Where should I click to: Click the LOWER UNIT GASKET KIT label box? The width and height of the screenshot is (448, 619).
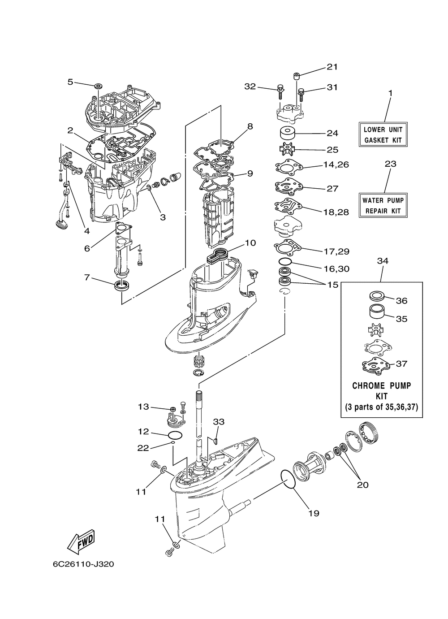pyautogui.click(x=383, y=134)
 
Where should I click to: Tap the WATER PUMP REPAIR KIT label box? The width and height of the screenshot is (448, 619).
pyautogui.click(x=383, y=205)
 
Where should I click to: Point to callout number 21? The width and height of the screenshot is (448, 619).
pyautogui.click(x=332, y=67)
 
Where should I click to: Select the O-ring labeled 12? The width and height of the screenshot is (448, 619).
pyautogui.click(x=175, y=435)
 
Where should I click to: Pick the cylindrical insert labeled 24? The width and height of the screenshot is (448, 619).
pyautogui.click(x=288, y=134)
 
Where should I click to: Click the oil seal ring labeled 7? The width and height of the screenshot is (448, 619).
pyautogui.click(x=121, y=285)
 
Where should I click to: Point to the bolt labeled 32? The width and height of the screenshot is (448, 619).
pyautogui.click(x=280, y=92)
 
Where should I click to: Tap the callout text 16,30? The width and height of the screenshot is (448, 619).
pyautogui.click(x=337, y=268)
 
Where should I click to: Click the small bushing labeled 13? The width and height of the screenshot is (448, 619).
pyautogui.click(x=173, y=409)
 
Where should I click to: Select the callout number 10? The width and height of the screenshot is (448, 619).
pyautogui.click(x=250, y=243)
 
